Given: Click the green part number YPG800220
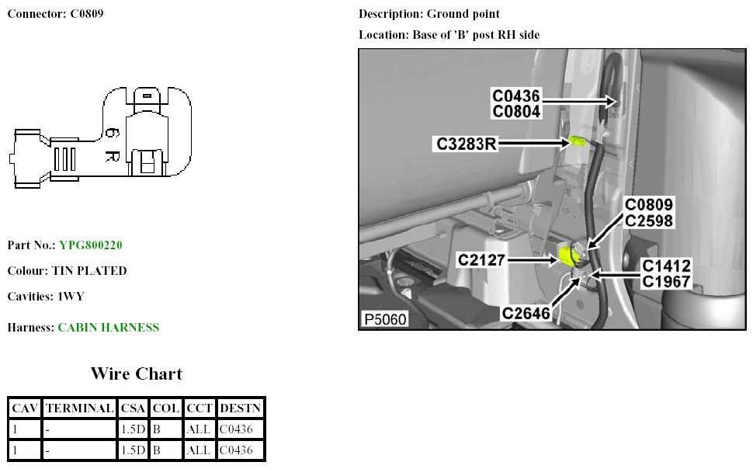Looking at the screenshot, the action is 91,245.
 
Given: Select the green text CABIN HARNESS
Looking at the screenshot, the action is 108,328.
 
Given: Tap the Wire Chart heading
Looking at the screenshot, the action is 136,373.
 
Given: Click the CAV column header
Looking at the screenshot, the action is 25,408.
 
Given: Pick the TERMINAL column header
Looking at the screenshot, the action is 80,408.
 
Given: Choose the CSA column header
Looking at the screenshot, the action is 133,408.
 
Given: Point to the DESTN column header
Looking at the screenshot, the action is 241,408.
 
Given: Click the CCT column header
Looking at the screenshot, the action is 200,408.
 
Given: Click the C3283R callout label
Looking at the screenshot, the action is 466,144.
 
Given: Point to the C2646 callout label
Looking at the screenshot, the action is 527,313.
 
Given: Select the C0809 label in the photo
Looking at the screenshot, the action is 650,205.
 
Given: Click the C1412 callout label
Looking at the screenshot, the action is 665,266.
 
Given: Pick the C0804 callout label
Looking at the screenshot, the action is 516,111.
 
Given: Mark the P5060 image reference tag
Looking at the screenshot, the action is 384,319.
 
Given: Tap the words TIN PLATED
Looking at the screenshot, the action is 89,271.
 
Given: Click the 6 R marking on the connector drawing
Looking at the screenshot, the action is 110,145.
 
